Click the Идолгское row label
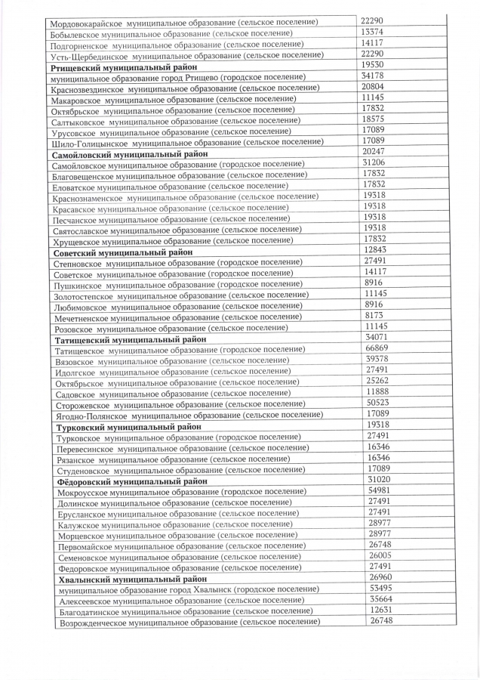tap(172, 372)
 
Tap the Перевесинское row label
tap(183, 448)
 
